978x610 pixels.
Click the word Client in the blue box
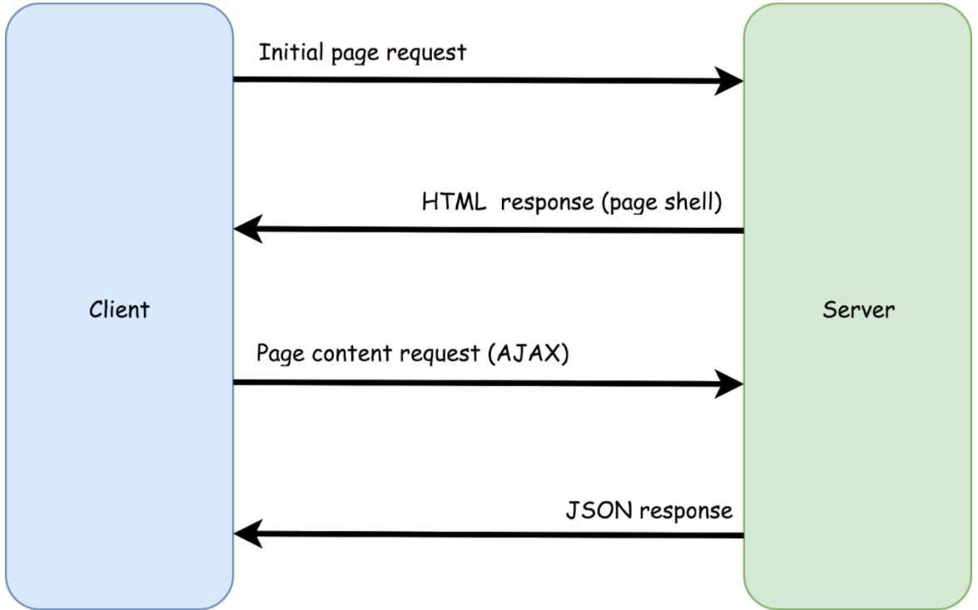click(119, 310)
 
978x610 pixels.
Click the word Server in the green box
click(858, 310)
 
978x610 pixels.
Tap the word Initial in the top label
click(291, 52)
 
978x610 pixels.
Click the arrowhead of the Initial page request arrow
click(728, 81)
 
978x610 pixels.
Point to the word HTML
click(454, 202)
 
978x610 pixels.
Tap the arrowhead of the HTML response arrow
click(248, 229)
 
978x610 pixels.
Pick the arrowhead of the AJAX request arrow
click(728, 384)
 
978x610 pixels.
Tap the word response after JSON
click(685, 511)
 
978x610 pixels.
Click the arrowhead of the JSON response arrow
click(248, 534)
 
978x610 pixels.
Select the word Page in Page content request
click(279, 355)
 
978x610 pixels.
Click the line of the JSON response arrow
click(499, 534)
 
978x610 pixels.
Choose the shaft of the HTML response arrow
click(499, 230)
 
